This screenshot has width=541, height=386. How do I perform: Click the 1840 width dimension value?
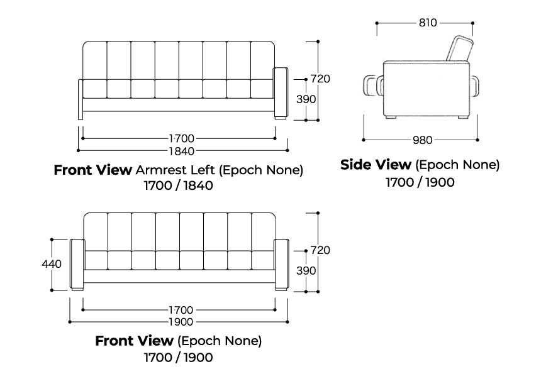(x=181, y=151)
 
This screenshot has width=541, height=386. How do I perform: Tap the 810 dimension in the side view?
(x=427, y=23)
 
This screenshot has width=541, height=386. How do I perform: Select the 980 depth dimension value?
(x=421, y=140)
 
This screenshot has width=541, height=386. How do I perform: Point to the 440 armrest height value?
(x=52, y=264)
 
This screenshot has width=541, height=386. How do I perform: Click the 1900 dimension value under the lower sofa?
(x=181, y=321)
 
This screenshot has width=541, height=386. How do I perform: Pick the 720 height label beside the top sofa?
(x=320, y=79)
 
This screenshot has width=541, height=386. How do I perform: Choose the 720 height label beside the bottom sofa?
(x=320, y=250)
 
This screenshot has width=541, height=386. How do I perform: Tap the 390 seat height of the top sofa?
(x=306, y=99)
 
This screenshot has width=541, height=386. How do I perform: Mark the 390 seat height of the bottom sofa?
(x=306, y=270)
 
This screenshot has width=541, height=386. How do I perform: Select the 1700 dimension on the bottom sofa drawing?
(x=181, y=310)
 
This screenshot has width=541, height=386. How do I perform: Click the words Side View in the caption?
(x=375, y=165)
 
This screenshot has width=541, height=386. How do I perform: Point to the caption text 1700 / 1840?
(x=179, y=186)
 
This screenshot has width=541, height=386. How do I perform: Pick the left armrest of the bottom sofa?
(x=77, y=264)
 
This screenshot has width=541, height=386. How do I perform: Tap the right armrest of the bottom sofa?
(x=281, y=264)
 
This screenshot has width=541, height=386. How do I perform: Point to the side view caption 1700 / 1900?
(x=420, y=182)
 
